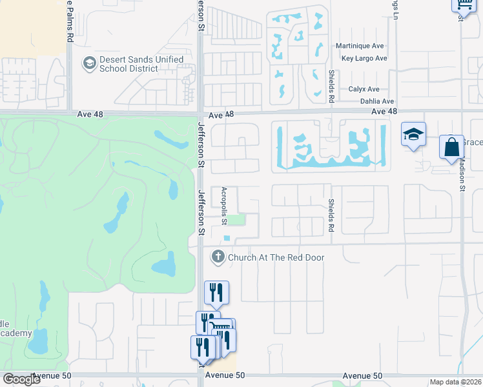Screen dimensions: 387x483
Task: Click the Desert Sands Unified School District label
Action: point(141,64)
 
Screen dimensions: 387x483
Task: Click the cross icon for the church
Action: point(218,257)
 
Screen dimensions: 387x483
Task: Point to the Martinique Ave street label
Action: point(360,46)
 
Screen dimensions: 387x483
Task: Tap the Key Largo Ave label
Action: point(364,58)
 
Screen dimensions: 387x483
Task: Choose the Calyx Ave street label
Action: point(364,90)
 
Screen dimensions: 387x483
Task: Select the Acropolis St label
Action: point(224,206)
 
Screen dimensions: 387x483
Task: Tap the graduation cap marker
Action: point(413,135)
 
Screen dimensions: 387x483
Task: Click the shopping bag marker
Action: point(451,146)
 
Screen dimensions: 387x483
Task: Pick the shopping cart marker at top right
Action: point(463,5)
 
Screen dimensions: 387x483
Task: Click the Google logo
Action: point(21,379)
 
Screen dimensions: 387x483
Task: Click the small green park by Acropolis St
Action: point(238,220)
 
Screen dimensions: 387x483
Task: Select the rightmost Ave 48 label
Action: point(384,112)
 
